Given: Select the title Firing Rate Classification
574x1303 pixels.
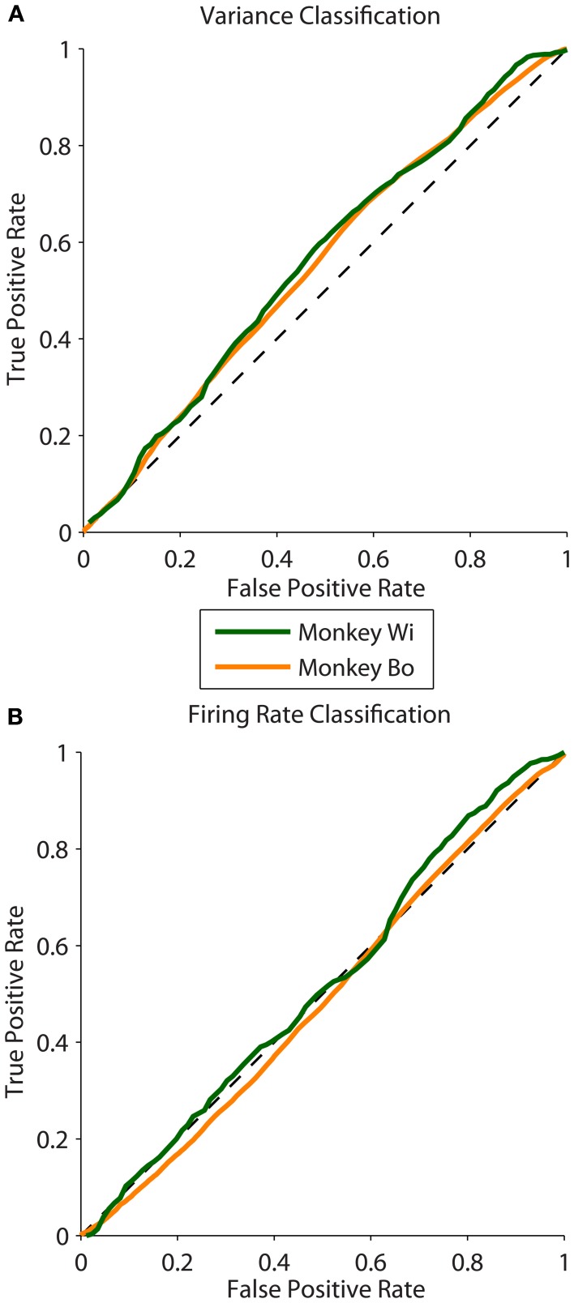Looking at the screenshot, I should [319, 716].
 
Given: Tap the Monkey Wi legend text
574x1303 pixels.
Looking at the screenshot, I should [356, 632].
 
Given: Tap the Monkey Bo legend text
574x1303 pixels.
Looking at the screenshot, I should [356, 668].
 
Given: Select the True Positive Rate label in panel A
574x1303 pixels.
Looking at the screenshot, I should [16, 290].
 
